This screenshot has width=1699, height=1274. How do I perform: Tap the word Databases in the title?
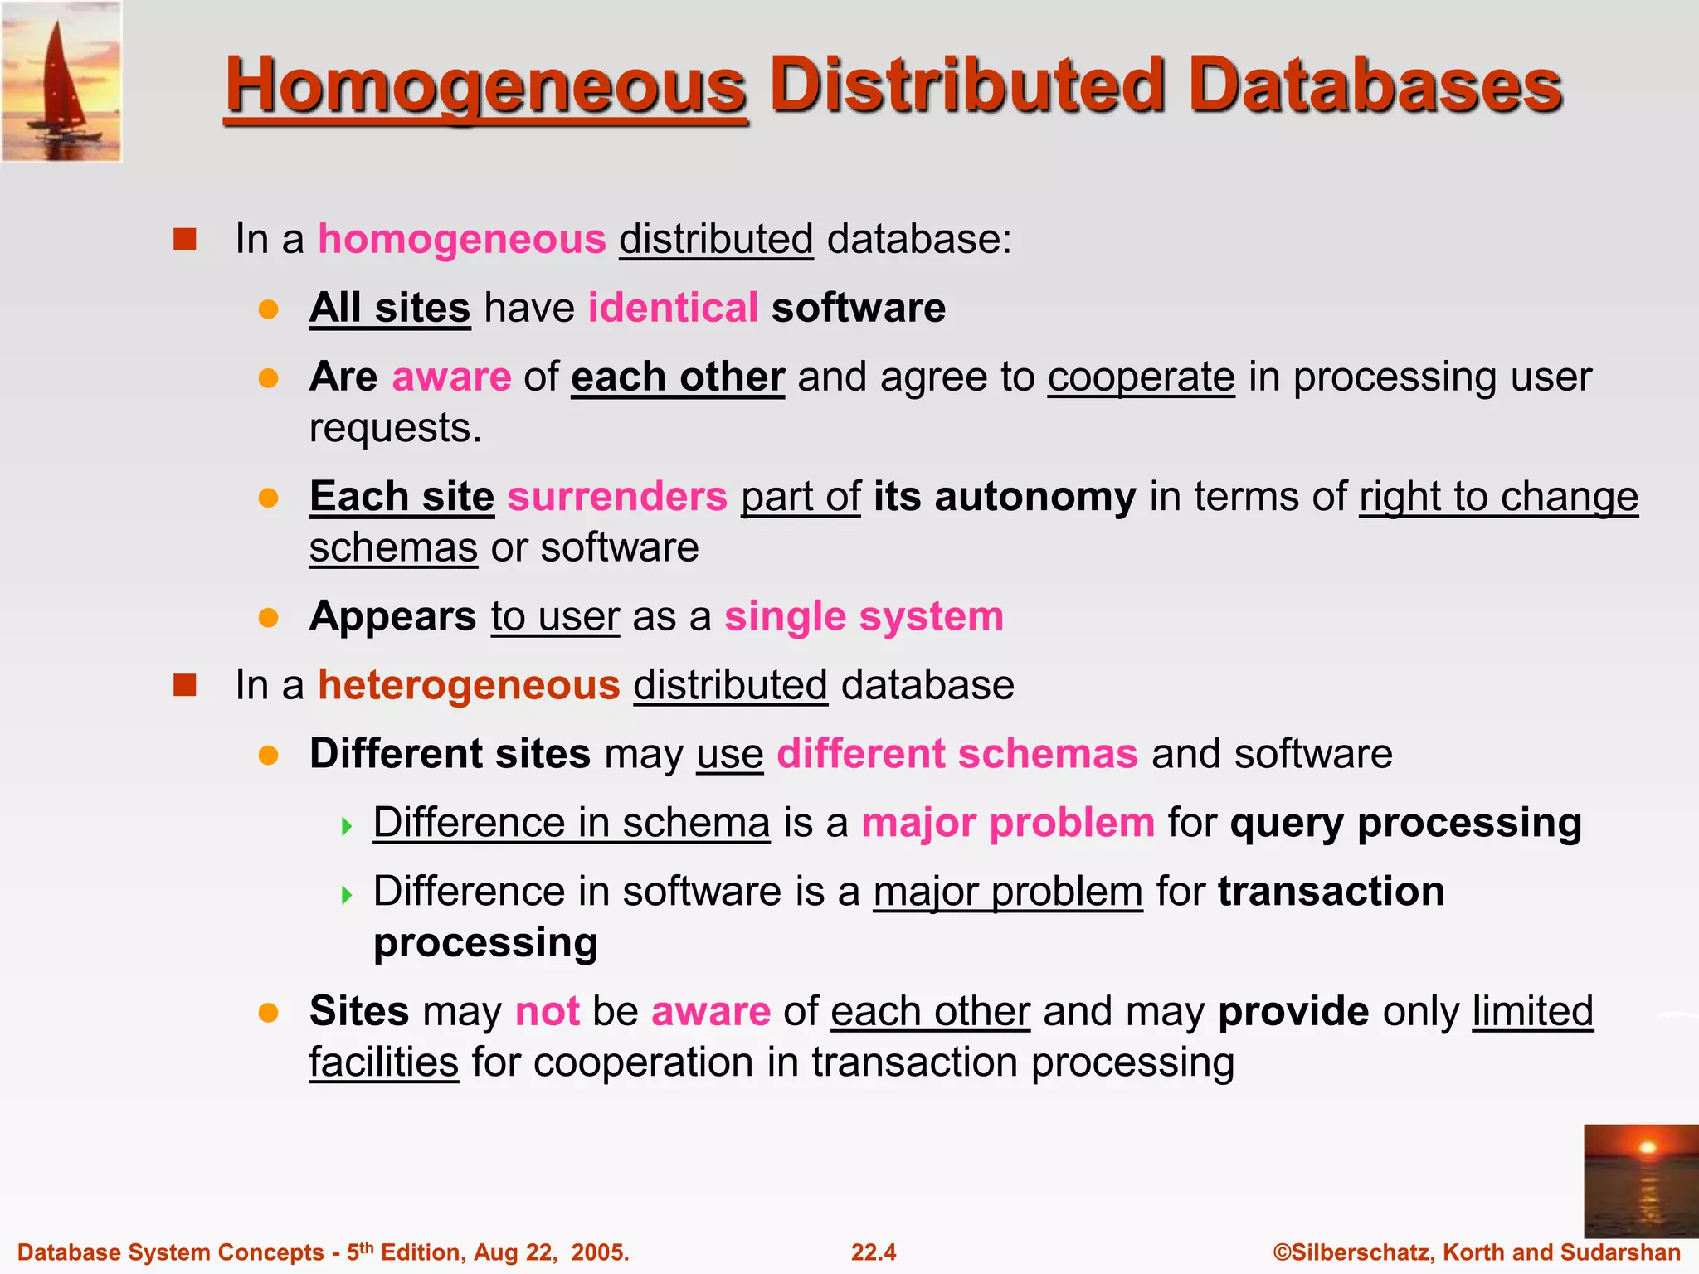point(1375,86)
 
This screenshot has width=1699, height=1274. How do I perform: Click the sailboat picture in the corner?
point(61,81)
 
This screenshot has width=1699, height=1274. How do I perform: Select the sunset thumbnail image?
point(1640,1181)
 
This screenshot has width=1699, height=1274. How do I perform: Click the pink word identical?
point(673,308)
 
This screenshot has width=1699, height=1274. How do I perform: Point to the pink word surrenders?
point(617,497)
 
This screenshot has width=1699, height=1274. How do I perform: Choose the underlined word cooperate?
point(1141,377)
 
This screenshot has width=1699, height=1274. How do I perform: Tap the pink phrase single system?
point(864,616)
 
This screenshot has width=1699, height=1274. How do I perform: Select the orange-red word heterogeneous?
point(469,685)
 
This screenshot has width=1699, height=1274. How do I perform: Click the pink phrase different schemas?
point(957,754)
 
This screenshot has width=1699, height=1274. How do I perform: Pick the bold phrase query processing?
point(1405,823)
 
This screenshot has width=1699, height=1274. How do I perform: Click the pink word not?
point(548,1011)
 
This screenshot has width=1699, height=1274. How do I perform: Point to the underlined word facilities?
point(383,1062)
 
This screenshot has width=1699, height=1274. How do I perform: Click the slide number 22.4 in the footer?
point(874,1252)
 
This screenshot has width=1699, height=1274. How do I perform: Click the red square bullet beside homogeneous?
point(184,240)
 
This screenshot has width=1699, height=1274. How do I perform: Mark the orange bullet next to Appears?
point(268,618)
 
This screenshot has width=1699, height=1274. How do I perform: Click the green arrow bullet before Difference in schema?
point(347,826)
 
